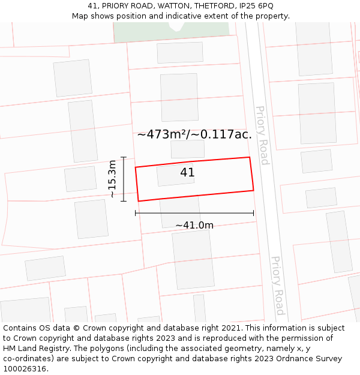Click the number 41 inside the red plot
187,173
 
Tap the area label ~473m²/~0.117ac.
194,134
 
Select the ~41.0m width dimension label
194,226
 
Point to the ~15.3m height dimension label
112,179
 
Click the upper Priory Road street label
262,135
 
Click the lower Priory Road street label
277,286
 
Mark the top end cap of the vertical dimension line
124,157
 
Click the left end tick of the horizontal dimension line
136,212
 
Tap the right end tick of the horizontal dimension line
253,212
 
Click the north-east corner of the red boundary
249,158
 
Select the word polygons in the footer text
100,349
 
